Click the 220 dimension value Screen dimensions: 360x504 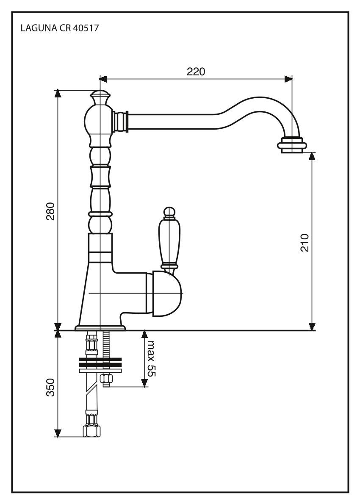(x=196, y=72)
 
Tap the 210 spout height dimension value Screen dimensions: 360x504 (x=305, y=242)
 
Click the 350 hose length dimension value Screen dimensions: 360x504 (x=50, y=388)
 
